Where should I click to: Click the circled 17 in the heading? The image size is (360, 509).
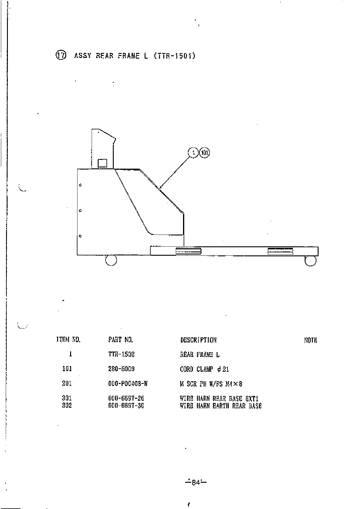coord(60,56)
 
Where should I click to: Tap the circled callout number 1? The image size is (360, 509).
coord(193,153)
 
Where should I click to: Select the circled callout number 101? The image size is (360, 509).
coord(205,153)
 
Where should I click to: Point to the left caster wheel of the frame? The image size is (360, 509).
coord(111,260)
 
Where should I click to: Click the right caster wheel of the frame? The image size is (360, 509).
coord(310,261)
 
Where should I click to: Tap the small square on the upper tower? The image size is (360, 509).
coord(103,163)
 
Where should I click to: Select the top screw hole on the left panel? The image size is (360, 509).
coord(80,185)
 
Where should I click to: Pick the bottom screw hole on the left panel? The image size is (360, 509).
coord(80,236)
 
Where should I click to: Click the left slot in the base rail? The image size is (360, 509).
coord(188,251)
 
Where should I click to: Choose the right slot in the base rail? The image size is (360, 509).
coord(280,251)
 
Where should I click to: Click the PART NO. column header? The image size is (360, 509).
coord(121,340)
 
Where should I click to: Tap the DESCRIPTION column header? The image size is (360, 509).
coord(198,340)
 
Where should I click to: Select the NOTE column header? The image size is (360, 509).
coord(311,340)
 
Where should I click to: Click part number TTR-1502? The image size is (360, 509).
coord(121,354)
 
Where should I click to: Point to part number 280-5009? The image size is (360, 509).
coord(121,369)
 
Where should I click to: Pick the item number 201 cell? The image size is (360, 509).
coord(67,383)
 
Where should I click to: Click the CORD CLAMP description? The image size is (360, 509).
coord(205,369)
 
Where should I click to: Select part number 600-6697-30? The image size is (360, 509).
coord(126,406)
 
